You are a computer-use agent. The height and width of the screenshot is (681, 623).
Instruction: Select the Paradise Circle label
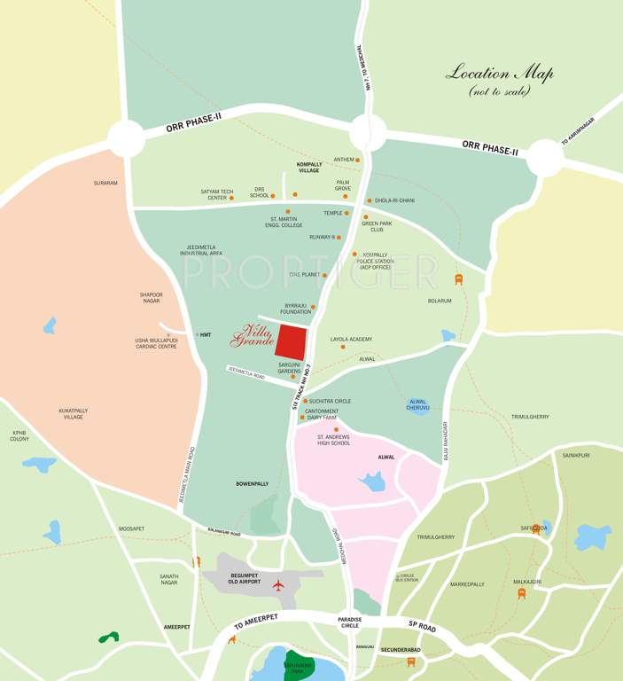tap(350, 623)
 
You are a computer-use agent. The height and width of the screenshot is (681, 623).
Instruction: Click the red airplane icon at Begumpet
tap(278, 585)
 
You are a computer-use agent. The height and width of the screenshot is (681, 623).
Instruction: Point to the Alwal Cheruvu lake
tap(418, 405)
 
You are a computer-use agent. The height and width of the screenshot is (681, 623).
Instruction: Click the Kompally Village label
tap(308, 168)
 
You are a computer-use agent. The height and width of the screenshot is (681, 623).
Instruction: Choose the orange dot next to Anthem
tap(358, 160)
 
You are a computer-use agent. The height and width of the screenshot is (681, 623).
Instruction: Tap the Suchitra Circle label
tap(330, 401)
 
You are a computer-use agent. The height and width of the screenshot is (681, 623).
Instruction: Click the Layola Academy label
tap(351, 339)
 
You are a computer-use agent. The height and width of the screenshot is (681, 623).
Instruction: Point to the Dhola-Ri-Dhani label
tap(394, 200)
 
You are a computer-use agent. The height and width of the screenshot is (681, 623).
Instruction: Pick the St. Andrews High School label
tap(333, 440)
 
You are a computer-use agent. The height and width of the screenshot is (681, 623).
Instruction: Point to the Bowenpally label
tap(252, 483)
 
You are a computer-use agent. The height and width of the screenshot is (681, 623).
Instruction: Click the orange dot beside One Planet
tap(324, 275)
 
